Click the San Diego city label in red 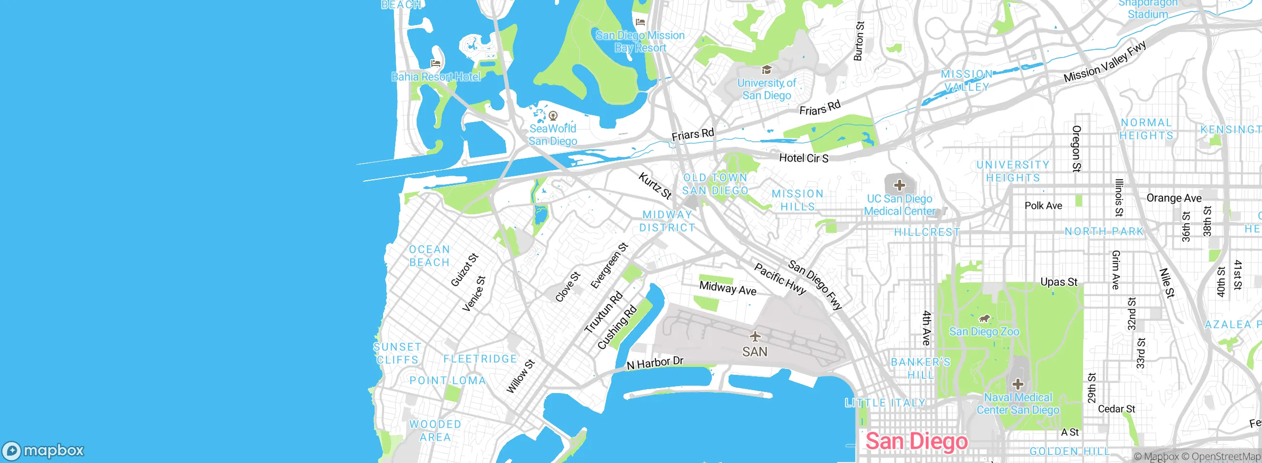[916, 441]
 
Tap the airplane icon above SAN [755, 336]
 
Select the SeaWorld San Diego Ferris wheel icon [553, 116]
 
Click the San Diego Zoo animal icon [984, 319]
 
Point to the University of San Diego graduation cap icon [766, 70]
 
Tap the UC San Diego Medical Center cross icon [900, 185]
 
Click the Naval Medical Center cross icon [1018, 384]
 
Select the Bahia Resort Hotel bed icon [435, 64]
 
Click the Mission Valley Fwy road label [1104, 62]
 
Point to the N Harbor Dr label [655, 363]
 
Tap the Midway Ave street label [728, 288]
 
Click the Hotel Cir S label [804, 158]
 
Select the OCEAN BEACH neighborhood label [429, 256]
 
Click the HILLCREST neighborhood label [927, 232]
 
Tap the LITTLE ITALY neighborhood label [885, 403]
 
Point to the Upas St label [1058, 282]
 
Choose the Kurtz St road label [655, 186]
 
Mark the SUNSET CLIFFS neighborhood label [397, 353]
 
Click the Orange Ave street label [1174, 198]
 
